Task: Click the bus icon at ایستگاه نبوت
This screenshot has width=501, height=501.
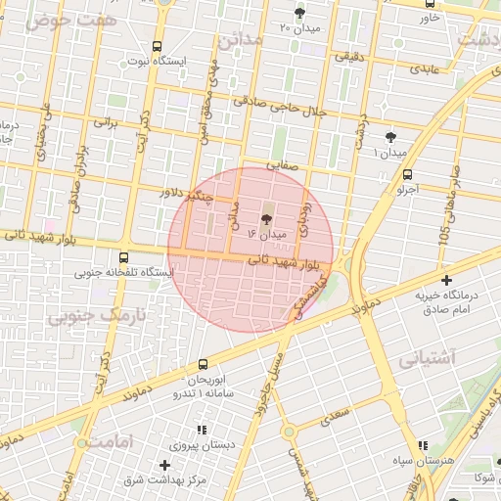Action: click(x=159, y=47)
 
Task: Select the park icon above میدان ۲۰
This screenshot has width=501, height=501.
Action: click(x=299, y=13)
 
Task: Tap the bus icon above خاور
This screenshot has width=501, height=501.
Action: click(x=432, y=5)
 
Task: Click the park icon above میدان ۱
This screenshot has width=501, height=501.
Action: click(x=391, y=138)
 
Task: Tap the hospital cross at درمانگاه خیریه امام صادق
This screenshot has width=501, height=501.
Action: click(x=446, y=281)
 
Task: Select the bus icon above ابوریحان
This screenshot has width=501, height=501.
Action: click(x=203, y=364)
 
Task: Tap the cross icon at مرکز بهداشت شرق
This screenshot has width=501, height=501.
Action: click(x=164, y=466)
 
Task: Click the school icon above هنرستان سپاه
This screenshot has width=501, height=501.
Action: click(x=423, y=445)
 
